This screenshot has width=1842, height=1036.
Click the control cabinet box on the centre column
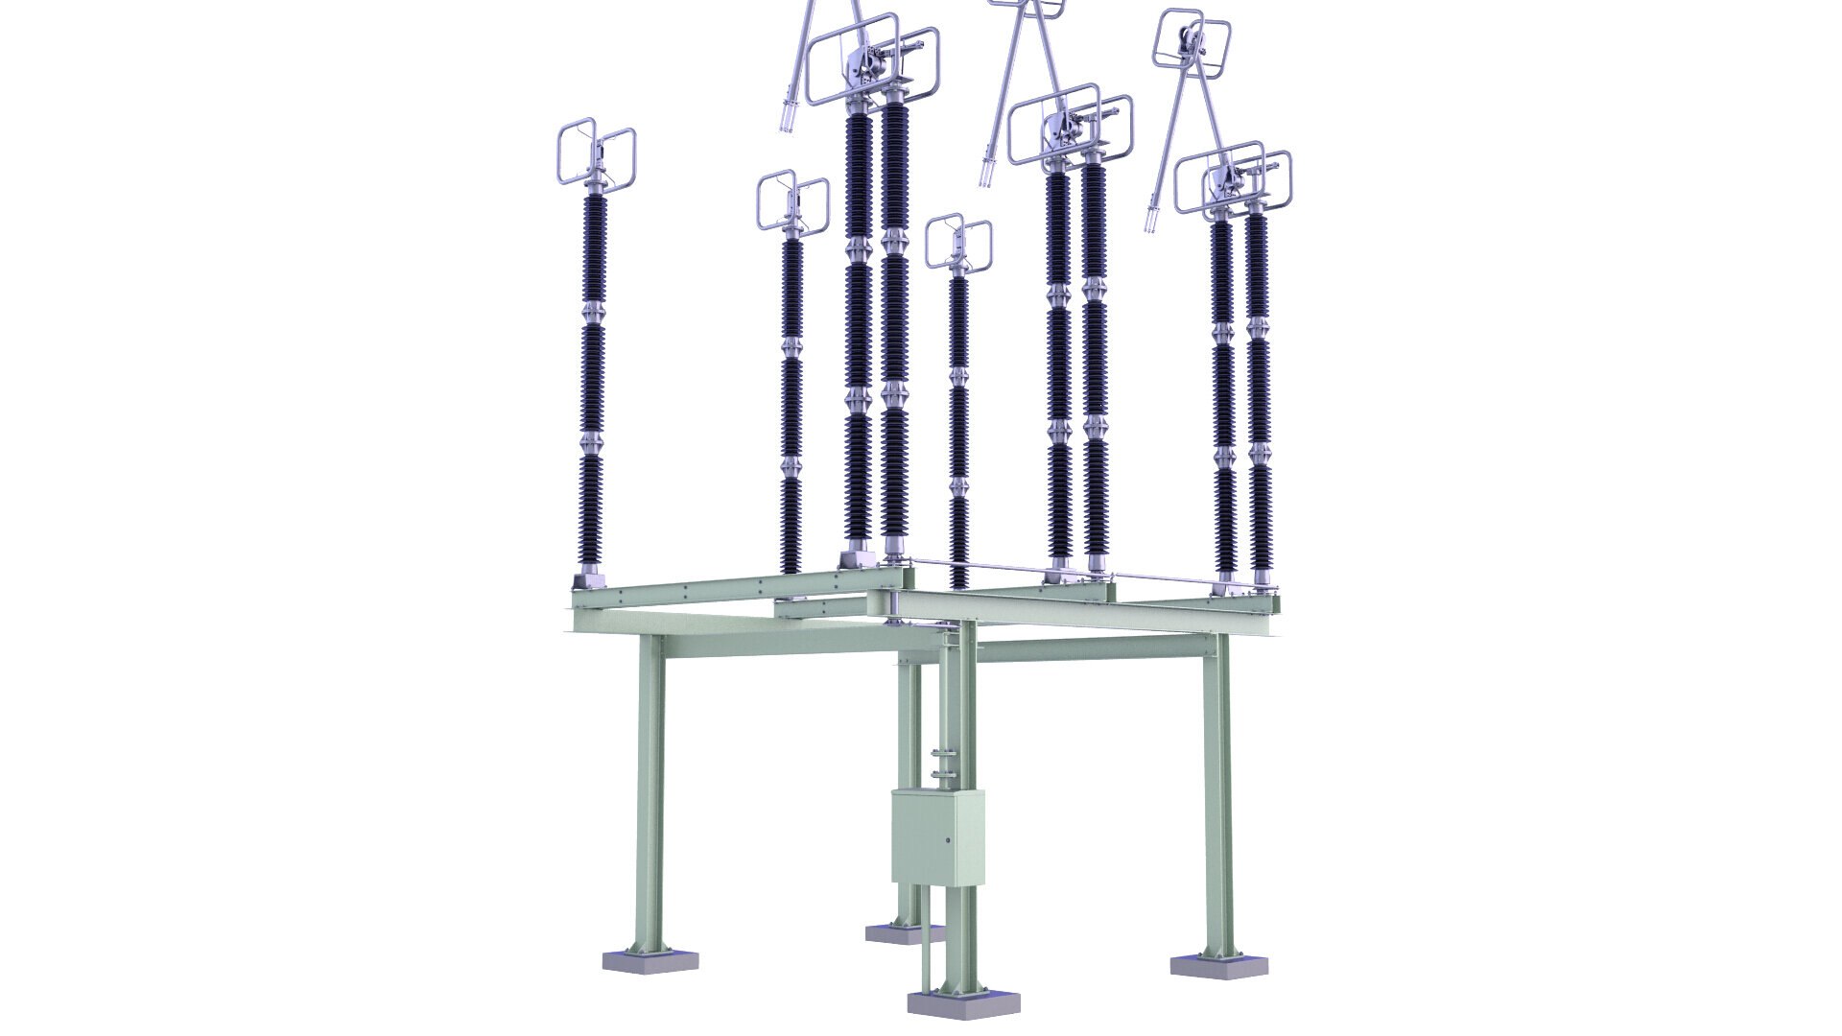coord(937,836)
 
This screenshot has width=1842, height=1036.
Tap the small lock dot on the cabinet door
coord(948,840)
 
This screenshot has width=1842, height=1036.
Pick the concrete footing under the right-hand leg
coord(1213,964)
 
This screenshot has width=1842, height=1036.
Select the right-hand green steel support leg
coord(1217,796)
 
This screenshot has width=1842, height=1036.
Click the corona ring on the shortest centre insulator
coord(958,242)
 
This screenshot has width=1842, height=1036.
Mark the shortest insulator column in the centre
coord(958,422)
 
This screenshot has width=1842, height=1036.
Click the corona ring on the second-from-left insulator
coord(792,201)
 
